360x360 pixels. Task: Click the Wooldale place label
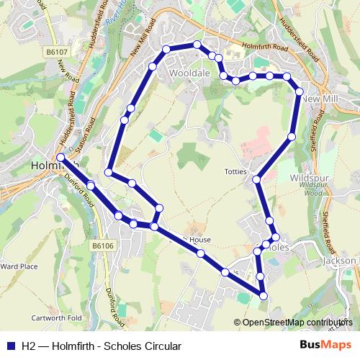[x=188, y=73]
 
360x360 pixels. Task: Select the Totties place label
[x=235, y=172]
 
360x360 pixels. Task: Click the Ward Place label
[x=19, y=266]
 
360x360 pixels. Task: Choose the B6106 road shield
[x=103, y=246]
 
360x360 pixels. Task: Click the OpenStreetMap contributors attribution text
[x=297, y=323]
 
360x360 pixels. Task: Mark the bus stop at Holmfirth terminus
[x=60, y=157]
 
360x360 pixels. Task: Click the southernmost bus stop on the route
[x=264, y=295]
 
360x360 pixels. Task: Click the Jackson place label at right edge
[x=340, y=260]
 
